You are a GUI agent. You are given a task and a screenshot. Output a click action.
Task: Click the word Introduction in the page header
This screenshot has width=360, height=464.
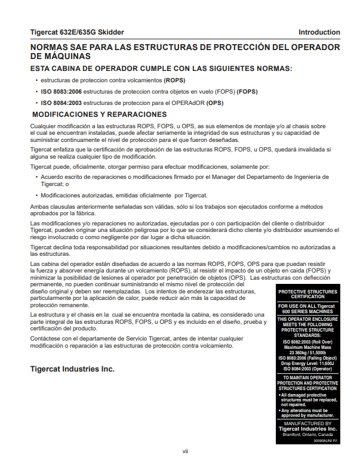pos(319,32)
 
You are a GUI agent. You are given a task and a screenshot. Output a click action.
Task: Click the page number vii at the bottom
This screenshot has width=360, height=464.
pos(185,451)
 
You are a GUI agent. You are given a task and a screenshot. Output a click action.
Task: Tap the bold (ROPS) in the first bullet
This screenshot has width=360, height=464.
pos(175,79)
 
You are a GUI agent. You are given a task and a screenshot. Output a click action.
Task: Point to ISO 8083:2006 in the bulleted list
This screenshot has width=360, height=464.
pos(61,91)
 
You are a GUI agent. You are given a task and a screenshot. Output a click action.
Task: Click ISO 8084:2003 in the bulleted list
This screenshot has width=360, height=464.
pos(61,103)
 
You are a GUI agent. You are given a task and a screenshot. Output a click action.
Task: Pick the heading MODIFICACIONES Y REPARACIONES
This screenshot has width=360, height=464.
pos(99,115)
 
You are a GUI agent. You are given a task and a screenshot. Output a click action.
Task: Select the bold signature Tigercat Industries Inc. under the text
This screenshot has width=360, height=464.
pos(72,369)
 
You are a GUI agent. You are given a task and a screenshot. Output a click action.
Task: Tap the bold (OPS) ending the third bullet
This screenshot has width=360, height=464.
pos(216,103)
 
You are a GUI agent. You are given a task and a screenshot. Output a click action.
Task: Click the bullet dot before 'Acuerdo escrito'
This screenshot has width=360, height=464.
pos(36,177)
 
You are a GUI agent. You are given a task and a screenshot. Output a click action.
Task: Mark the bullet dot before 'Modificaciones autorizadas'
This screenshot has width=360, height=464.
pos(36,196)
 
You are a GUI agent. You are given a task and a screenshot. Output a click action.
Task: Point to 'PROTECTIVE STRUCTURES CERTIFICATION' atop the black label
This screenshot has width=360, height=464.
pos(308,293)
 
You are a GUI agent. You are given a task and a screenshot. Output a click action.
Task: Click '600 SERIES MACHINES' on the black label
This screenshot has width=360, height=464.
pos(308,311)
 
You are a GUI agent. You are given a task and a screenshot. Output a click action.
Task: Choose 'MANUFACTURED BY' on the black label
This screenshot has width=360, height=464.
pos(308,423)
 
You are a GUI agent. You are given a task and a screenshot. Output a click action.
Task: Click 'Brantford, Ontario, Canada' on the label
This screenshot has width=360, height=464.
pos(308,434)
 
